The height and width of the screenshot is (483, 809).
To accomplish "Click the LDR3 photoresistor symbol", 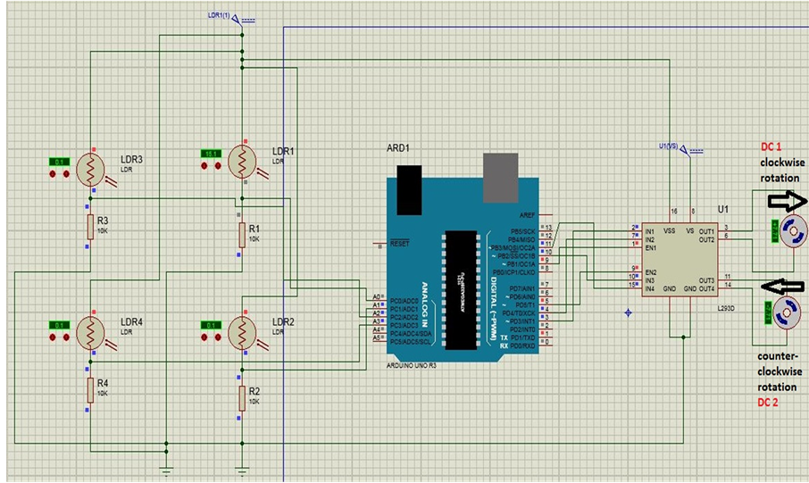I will click(90, 167).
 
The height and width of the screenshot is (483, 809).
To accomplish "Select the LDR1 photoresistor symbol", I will click(242, 161).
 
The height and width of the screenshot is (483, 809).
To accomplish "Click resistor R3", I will click(89, 227).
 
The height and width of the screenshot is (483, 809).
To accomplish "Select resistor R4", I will click(89, 390).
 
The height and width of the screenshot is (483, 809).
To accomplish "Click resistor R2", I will click(241, 398).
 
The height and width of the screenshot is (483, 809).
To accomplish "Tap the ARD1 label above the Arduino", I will click(397, 147).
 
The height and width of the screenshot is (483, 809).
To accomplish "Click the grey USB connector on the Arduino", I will click(500, 177).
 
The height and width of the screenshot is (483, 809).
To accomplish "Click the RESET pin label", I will click(399, 244).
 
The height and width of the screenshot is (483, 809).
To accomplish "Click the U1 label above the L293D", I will click(722, 209).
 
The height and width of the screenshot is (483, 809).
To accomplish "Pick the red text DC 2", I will click(770, 403).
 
